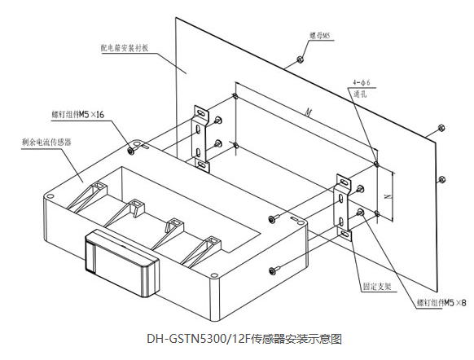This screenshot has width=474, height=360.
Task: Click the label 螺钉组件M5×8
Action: pos(440,301)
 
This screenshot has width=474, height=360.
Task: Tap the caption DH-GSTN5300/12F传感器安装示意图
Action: pos(236,336)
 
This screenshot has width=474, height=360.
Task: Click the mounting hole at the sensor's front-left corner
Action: pos(50,195)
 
